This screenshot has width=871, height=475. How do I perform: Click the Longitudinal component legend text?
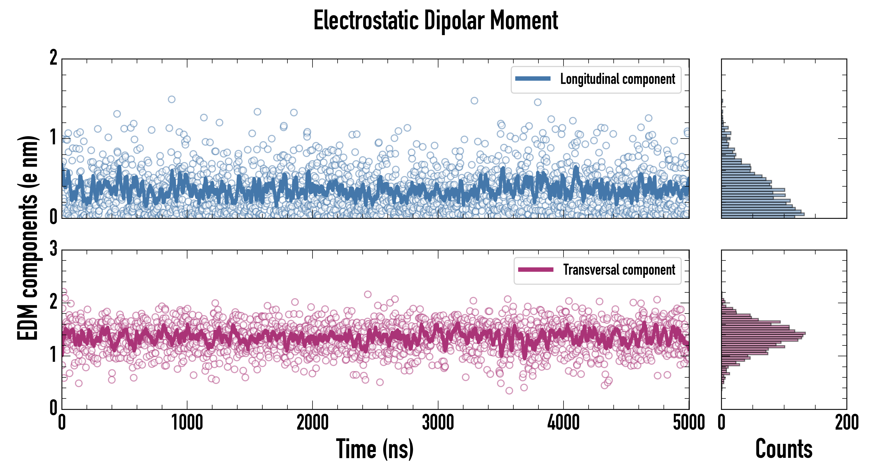click(617, 79)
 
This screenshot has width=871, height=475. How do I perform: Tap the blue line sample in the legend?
click(533, 79)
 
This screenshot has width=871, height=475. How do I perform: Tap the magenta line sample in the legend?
click(536, 269)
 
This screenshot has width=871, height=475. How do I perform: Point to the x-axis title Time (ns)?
click(375, 449)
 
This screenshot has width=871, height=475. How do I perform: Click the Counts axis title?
click(784, 449)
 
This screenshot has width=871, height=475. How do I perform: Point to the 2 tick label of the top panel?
click(53, 58)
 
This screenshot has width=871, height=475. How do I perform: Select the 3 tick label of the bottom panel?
click(53, 249)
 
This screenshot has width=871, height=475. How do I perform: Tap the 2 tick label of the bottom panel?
click(53, 302)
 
